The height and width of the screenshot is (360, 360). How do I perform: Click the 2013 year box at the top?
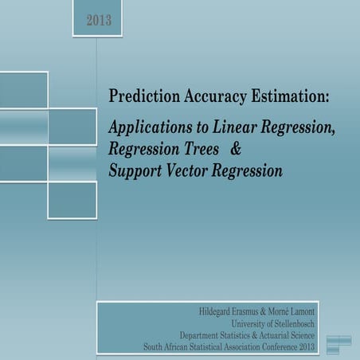click(100, 19)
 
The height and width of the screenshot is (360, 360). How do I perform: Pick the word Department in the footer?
click(205, 335)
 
